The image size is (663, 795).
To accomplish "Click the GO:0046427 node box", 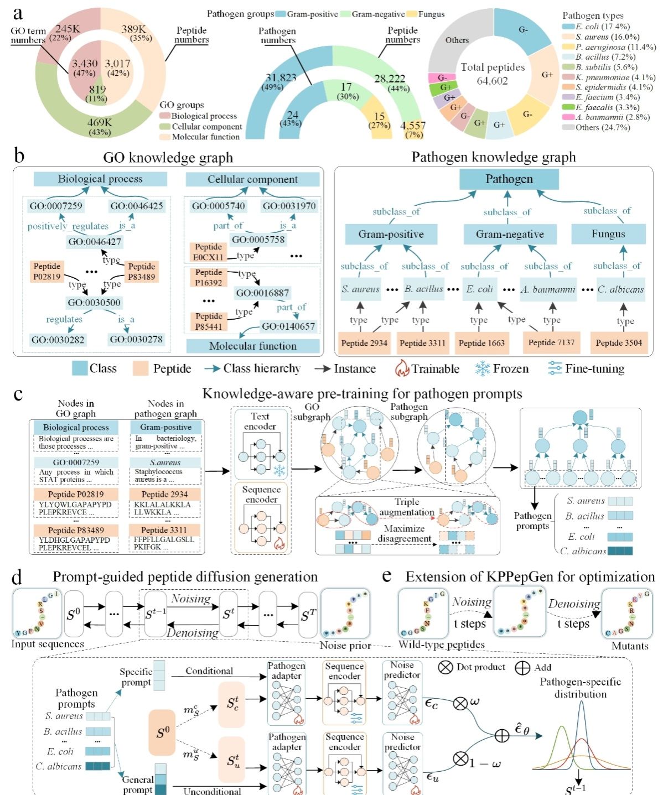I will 95,242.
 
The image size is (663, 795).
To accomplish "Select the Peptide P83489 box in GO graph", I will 142,271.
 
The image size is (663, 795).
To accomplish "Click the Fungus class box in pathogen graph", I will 608,234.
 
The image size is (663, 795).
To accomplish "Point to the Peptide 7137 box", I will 551,342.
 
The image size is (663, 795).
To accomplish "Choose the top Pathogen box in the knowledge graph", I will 509,179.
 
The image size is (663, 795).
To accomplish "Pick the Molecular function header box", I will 253,346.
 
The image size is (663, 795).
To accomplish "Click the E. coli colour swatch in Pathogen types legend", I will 568,27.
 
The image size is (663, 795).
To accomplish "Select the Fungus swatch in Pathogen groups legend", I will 411,14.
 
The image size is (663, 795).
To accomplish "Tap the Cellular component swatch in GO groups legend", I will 164,127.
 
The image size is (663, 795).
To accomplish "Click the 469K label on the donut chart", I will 100,123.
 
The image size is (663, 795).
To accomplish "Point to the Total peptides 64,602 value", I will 493,81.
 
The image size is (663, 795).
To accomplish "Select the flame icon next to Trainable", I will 402,368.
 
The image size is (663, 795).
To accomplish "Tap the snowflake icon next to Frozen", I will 483,368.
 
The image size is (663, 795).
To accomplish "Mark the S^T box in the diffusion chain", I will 308,615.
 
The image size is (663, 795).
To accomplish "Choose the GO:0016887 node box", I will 262,293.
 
